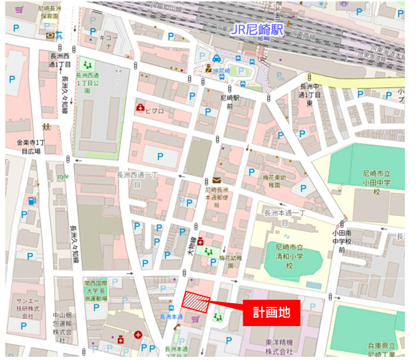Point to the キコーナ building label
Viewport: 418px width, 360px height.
click(x=108, y=41)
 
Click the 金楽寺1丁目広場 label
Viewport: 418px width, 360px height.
click(x=28, y=146)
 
